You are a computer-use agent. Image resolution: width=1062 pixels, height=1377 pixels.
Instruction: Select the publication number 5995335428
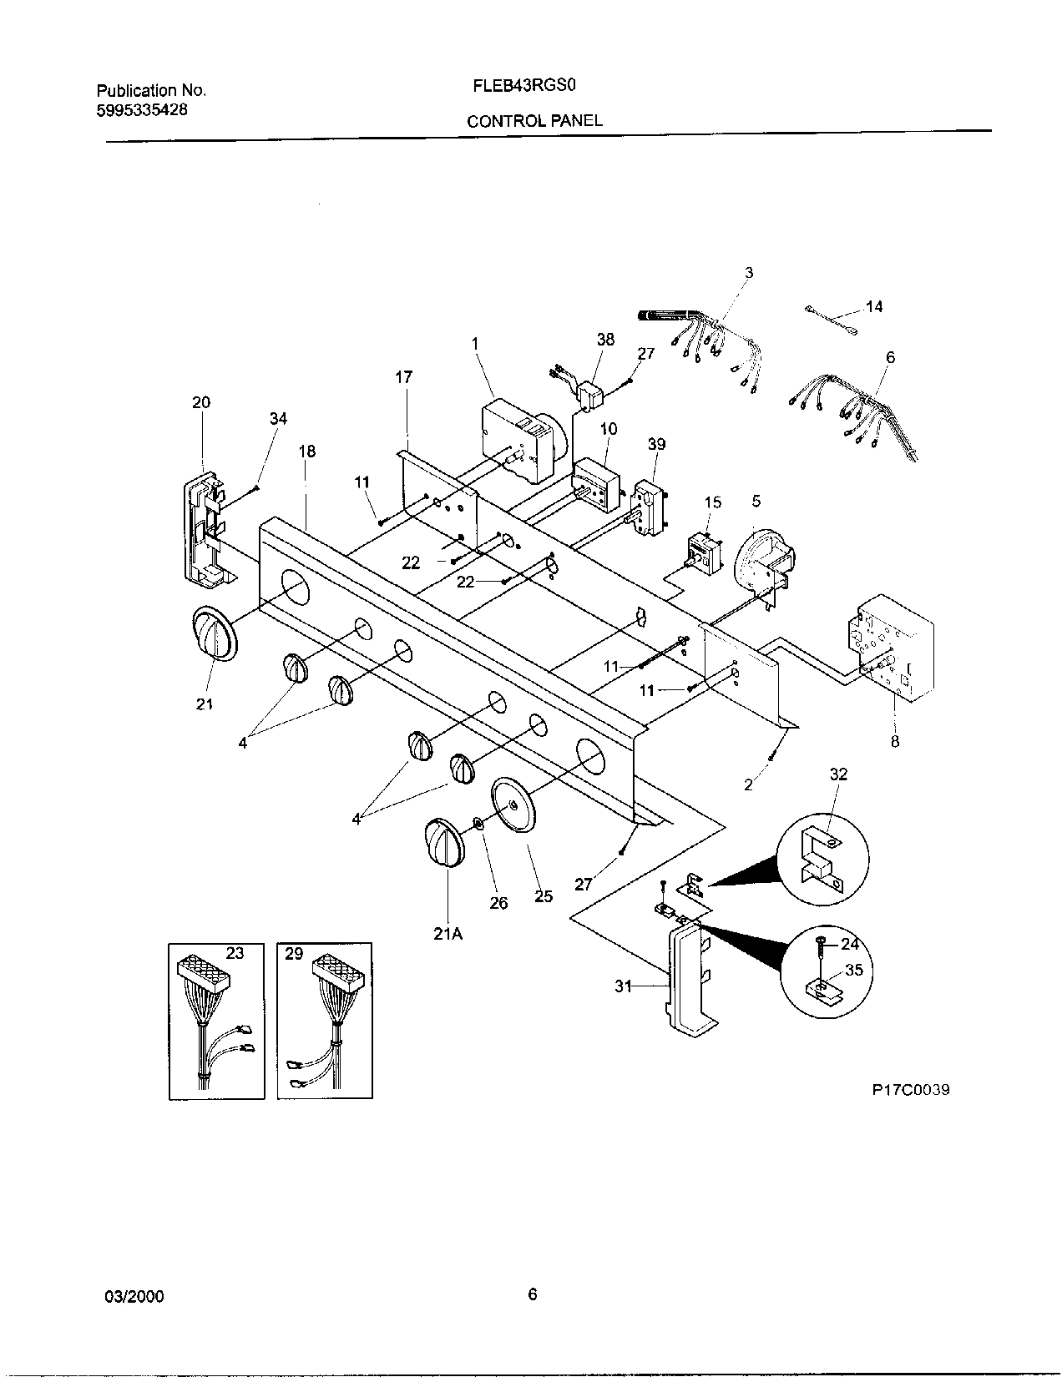141,108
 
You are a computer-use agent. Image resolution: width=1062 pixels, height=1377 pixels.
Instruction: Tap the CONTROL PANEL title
534,121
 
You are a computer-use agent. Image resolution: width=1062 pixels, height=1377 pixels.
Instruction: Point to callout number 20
201,402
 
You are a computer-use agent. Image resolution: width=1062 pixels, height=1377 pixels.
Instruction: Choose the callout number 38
605,340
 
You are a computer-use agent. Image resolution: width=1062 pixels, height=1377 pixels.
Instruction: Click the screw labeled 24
822,943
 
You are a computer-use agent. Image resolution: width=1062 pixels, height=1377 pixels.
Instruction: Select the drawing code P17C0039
910,1090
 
